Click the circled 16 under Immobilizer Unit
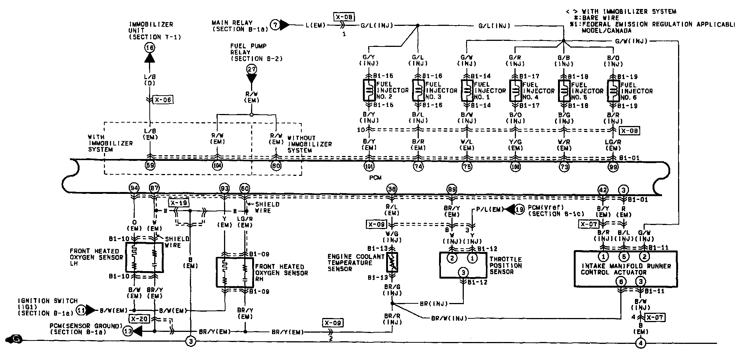(x=150, y=47)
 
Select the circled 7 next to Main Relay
(x=275, y=25)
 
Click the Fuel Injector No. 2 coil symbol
(x=370, y=90)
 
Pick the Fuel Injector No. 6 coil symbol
(x=613, y=90)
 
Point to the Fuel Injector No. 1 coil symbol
(x=467, y=90)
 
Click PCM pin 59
(x=150, y=165)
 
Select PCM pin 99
(x=613, y=167)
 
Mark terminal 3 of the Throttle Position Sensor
(x=463, y=272)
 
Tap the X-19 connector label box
(x=179, y=203)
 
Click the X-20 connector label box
(x=139, y=319)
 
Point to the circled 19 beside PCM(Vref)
(x=519, y=210)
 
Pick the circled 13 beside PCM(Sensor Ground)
(x=128, y=331)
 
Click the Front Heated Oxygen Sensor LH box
(x=144, y=257)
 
